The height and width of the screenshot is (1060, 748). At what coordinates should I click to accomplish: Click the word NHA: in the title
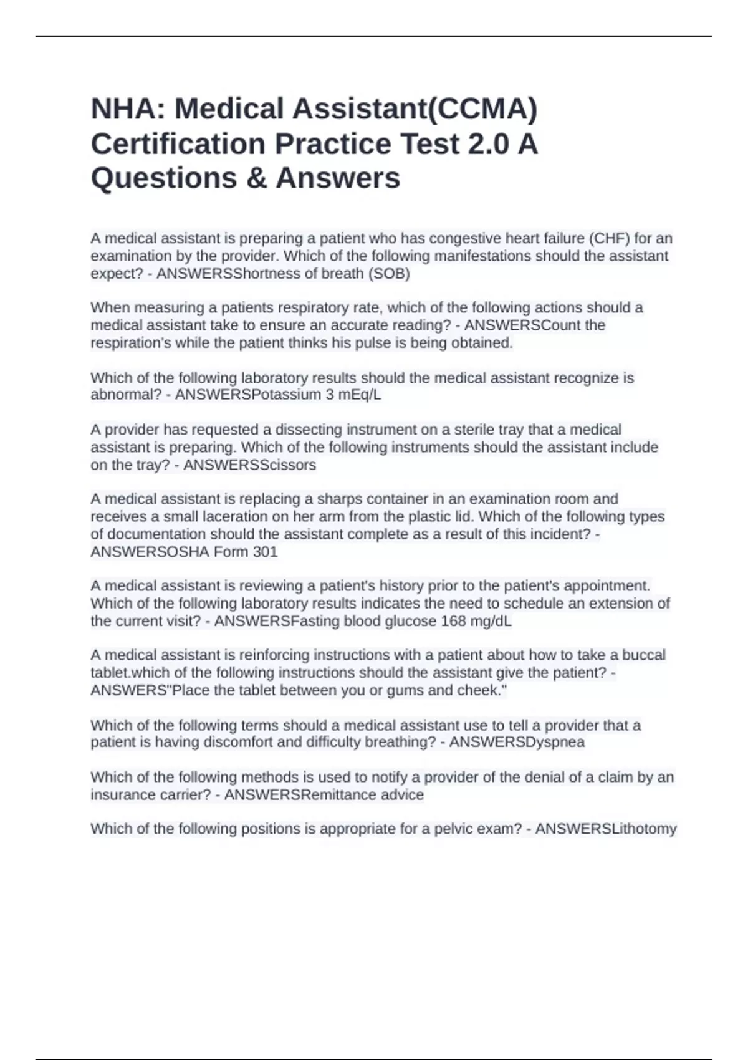[x=127, y=109]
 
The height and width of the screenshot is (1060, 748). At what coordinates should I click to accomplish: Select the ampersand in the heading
[x=256, y=178]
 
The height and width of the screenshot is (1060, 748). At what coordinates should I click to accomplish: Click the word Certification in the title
[x=178, y=144]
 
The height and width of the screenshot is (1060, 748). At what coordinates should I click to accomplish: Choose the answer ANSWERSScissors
[x=249, y=465]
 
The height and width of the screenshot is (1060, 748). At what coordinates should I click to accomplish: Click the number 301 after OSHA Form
[x=265, y=552]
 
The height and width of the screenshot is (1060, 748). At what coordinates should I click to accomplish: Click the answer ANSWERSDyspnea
[x=517, y=742]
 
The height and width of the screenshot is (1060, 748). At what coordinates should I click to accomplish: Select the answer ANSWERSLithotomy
[x=605, y=829]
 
